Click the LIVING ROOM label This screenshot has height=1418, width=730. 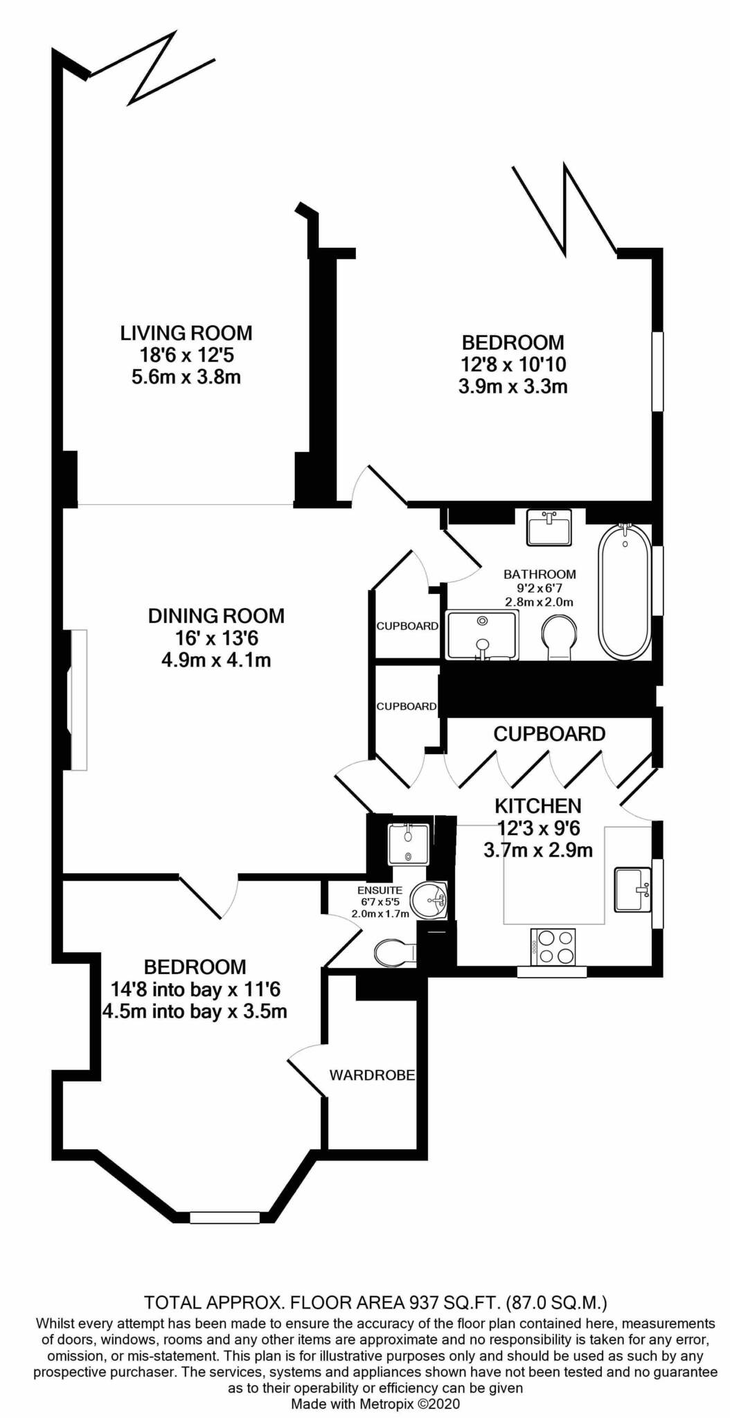click(186, 333)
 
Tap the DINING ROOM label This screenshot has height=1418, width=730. click(216, 616)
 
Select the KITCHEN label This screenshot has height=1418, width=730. click(537, 806)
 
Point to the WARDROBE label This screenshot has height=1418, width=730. click(372, 1075)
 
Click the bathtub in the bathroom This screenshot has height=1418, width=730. click(625, 592)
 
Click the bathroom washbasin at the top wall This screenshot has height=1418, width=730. click(549, 528)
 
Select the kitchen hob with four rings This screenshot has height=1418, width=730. click(553, 946)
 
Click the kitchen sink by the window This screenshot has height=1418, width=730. click(633, 889)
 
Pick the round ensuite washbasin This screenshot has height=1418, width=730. click(429, 901)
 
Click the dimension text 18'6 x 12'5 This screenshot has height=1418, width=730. click(187, 356)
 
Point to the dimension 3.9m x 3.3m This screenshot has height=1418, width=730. click(513, 386)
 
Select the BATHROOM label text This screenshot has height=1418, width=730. click(540, 574)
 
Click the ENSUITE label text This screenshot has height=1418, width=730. click(380, 890)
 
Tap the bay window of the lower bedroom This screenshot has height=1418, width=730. click(224, 1217)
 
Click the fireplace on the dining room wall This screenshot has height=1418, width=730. click(77, 699)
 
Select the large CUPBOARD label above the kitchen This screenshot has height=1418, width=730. click(549, 734)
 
